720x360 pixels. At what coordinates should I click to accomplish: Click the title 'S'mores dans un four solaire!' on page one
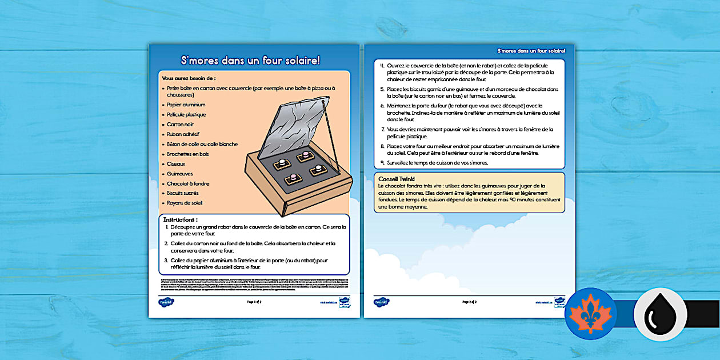[x=254, y=60]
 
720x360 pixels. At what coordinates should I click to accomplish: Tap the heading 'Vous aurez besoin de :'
[x=189, y=78]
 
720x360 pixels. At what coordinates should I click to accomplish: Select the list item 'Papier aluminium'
[x=186, y=105]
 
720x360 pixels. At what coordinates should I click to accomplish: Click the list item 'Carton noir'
[x=181, y=124]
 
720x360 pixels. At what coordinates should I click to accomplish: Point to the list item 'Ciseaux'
[x=176, y=163]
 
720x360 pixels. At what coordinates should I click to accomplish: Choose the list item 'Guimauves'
[x=179, y=173]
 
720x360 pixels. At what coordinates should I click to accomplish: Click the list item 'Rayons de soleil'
[x=185, y=203]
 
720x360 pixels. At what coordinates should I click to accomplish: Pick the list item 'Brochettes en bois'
[x=189, y=154]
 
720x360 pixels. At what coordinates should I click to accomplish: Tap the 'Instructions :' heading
[x=181, y=219]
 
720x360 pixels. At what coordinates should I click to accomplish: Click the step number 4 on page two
[x=382, y=66]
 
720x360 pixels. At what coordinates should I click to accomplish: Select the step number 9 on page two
[x=382, y=163]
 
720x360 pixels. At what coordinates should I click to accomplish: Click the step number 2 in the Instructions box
[x=166, y=243]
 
